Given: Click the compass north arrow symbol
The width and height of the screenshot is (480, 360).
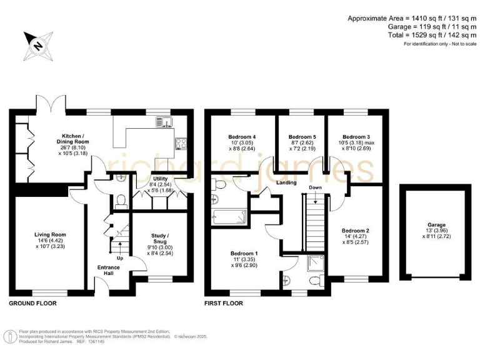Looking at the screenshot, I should tap(36, 44).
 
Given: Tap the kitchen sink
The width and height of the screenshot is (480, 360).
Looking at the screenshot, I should tap(165, 121).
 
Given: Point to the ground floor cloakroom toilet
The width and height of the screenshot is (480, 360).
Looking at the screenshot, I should tap(121, 200).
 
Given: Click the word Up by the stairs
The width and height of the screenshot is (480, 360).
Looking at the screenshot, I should tap(119, 257).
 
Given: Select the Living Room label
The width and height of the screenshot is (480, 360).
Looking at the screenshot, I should tap(50, 234).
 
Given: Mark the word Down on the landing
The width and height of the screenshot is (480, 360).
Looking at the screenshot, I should tap(316, 187).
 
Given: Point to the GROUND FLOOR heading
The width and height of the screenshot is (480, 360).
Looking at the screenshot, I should tap(32, 303).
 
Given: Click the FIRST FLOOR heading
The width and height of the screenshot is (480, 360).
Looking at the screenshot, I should tap(224, 303).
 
